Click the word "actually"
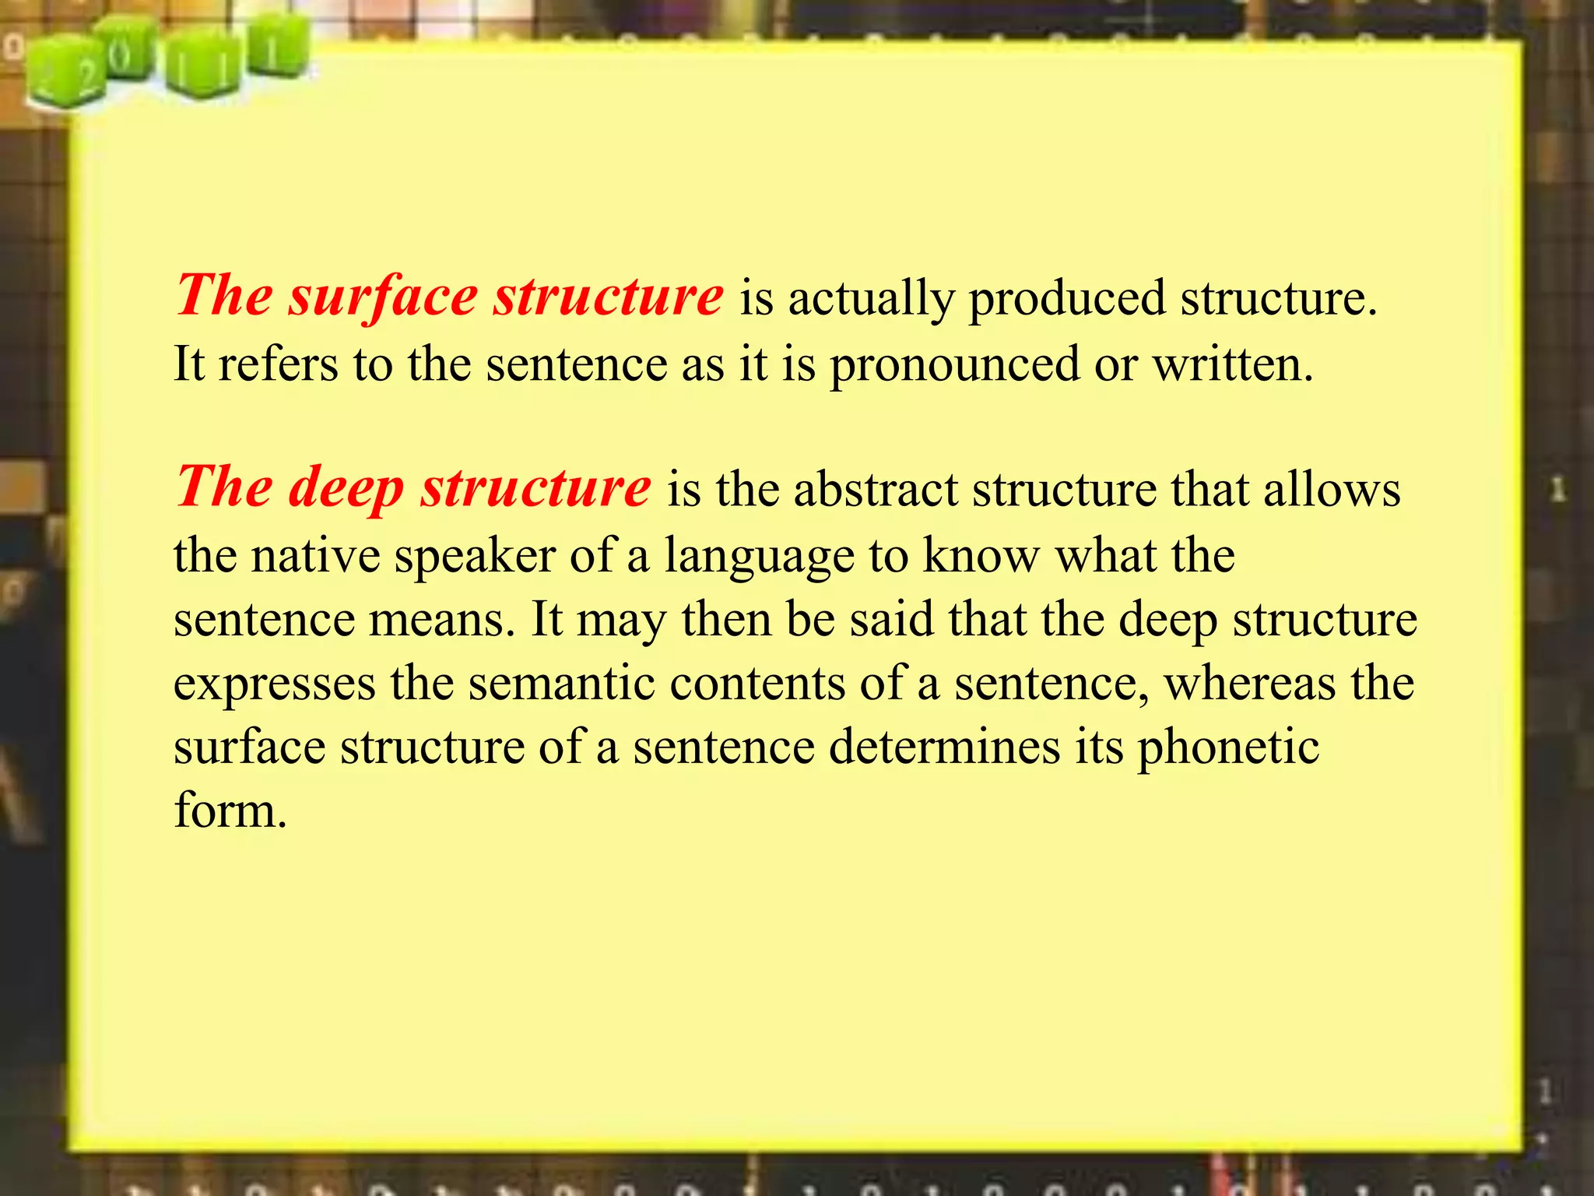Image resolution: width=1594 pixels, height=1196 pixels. pos(871,300)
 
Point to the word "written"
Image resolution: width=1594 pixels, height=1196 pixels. pos(1232,364)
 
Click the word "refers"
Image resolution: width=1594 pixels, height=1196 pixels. pos(278,364)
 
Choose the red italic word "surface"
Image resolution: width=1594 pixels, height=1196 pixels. pos(383,297)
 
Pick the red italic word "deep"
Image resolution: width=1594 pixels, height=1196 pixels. pos(346,489)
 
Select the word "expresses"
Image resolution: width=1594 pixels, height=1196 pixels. pos(274,684)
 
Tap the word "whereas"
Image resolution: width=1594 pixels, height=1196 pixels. pos(1249,684)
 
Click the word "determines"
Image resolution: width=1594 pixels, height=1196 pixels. pos(944,747)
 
